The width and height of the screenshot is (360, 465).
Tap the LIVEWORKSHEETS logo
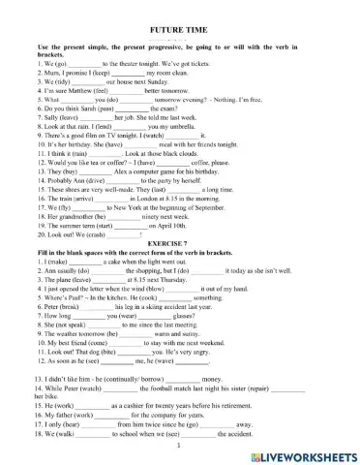(x=301, y=452)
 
